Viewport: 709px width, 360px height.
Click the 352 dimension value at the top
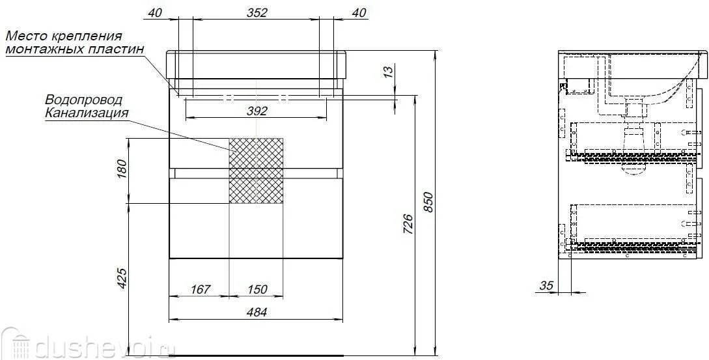(x=257, y=12)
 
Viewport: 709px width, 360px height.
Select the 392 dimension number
(x=257, y=111)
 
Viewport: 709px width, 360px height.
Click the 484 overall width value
(x=257, y=312)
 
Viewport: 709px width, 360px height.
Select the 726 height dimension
(x=408, y=224)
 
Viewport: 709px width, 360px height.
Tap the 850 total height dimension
(x=429, y=202)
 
